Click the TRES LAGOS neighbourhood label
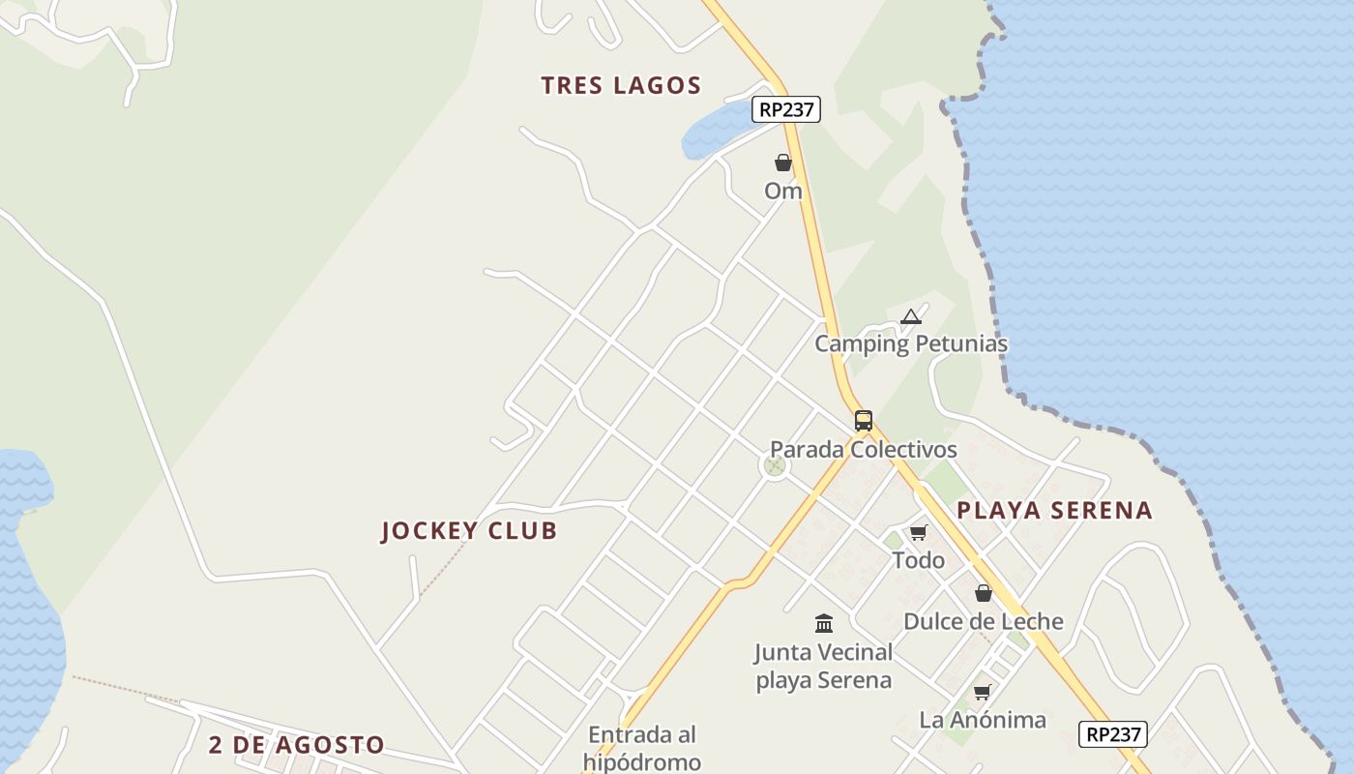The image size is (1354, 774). (621, 85)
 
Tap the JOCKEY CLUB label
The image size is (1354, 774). (469, 530)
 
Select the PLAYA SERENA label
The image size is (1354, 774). (1055, 510)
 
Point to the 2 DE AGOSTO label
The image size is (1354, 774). (297, 745)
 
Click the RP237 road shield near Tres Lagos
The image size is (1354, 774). (786, 109)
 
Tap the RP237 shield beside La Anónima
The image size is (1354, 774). (1113, 734)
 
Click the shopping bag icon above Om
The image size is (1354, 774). (783, 163)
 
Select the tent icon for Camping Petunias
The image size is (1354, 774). (911, 316)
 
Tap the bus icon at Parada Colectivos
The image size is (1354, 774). (864, 421)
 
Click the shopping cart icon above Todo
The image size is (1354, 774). (919, 532)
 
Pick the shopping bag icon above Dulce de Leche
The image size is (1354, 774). (984, 593)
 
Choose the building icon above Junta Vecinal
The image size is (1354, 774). (824, 623)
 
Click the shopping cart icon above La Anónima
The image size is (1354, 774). (983, 692)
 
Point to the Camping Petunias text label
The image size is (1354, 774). (911, 343)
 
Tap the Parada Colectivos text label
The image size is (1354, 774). (864, 449)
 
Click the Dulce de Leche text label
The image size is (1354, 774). (984, 621)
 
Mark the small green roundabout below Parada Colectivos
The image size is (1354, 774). (774, 466)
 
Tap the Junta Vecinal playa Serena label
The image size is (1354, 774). (824, 666)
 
